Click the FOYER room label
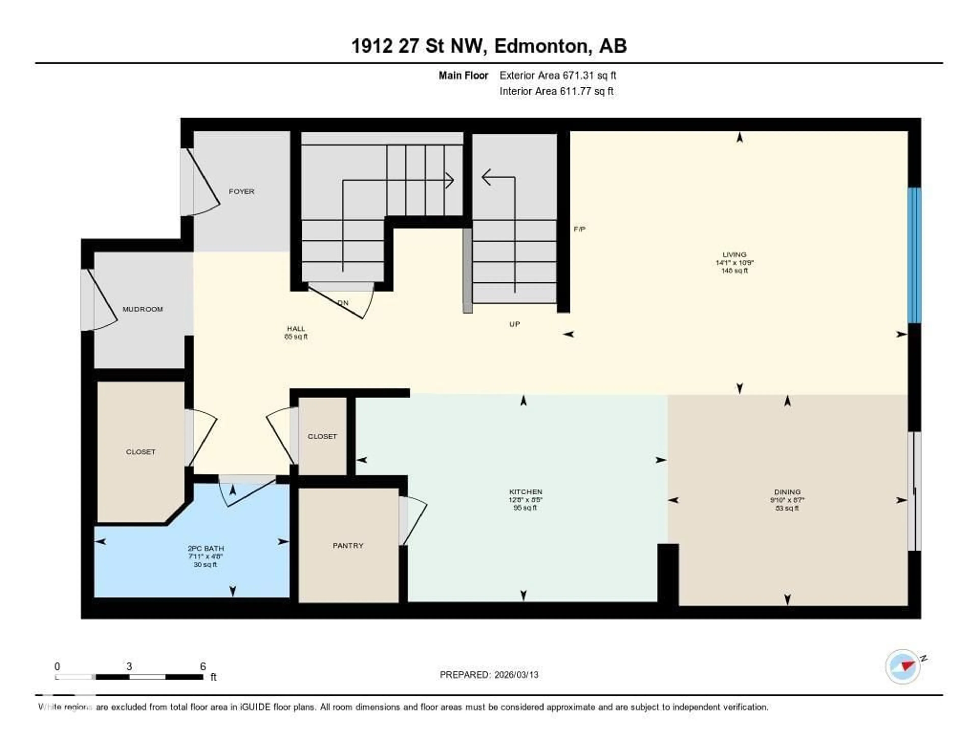[x=241, y=191]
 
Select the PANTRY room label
[x=348, y=545]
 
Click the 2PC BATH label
[x=206, y=548]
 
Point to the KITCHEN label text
[x=525, y=492]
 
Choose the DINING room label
[x=787, y=492]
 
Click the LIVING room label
[x=735, y=254]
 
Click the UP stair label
[x=514, y=324]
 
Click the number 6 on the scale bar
[x=203, y=666]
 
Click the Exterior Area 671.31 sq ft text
[x=558, y=75]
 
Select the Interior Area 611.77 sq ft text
[x=556, y=91]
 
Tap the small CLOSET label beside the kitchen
[x=322, y=436]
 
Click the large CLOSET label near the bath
[x=141, y=452]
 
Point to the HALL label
[x=295, y=329]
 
